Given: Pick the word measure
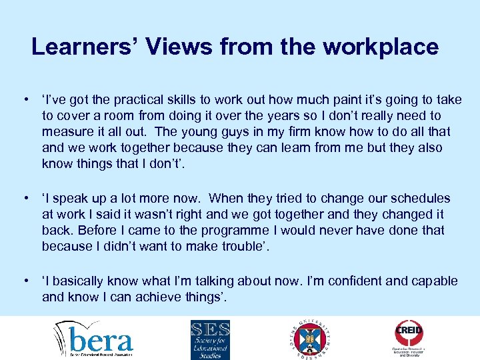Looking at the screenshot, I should click(x=66, y=132).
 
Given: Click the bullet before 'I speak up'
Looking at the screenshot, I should click(x=25, y=199).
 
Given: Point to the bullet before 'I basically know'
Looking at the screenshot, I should click(x=25, y=281).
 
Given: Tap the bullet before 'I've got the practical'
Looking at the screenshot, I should click(x=25, y=100).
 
